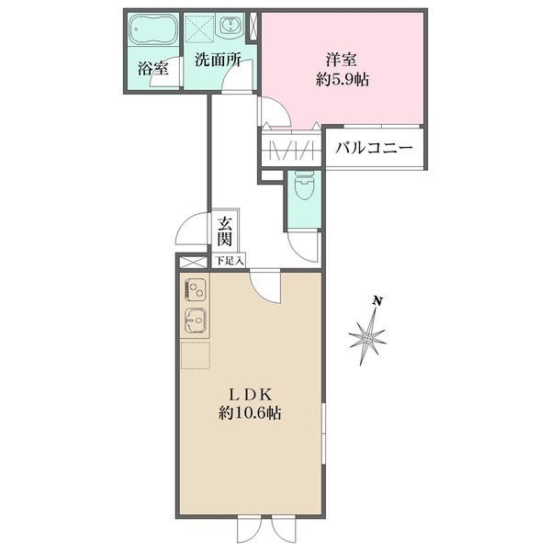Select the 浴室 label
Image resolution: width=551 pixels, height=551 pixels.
point(152,68)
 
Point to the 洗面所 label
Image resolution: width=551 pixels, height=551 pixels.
point(217,62)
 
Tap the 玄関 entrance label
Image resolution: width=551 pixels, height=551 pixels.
point(225,231)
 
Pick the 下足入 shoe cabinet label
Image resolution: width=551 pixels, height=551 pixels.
point(229,261)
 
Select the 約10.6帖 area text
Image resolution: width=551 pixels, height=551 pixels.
point(250,413)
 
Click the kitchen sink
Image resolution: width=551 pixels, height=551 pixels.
point(194,321)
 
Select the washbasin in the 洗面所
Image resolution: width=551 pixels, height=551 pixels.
point(230,26)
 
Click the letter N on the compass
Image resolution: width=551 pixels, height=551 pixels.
point(377,300)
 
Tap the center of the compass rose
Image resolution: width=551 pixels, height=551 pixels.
point(368,339)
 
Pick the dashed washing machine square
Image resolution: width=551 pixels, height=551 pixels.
point(198,30)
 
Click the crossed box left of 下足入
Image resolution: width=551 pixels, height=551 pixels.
point(193,261)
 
